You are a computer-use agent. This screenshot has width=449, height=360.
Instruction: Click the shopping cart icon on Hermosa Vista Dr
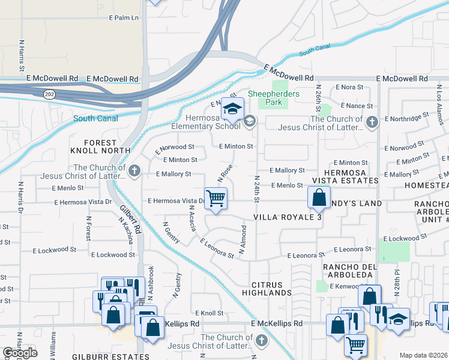(215, 198)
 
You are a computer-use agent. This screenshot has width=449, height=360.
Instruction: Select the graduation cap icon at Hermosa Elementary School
(232, 109)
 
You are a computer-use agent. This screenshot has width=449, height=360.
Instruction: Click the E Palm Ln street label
(124, 18)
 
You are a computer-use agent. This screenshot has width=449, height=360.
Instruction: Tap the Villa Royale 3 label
(288, 217)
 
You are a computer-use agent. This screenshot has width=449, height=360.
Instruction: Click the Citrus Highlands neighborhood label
(267, 288)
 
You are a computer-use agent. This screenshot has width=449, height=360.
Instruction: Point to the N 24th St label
(257, 189)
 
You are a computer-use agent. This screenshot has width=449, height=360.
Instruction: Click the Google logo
(20, 353)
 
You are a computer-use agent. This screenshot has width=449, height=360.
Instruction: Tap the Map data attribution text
(423, 355)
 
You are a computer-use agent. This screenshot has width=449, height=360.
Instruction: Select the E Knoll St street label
(209, 313)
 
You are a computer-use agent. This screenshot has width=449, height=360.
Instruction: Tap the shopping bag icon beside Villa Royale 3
(319, 197)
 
